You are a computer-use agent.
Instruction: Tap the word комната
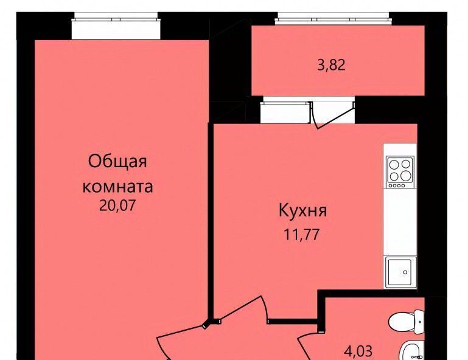(117, 187)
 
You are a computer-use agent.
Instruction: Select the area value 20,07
(117, 206)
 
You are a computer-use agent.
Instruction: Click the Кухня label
(302, 210)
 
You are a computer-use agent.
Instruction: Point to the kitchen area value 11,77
(302, 235)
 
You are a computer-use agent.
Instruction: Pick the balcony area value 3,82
(331, 64)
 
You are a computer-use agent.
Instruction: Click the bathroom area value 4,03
(358, 351)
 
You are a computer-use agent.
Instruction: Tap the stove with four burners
(400, 172)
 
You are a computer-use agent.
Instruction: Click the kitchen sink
(400, 272)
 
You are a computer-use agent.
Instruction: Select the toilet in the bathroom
(406, 322)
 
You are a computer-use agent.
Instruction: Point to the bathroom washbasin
(413, 351)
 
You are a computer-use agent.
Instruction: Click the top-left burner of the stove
(394, 165)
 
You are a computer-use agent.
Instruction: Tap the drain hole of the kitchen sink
(405, 272)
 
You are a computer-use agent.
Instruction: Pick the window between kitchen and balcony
(285, 112)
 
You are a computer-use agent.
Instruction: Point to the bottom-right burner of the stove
(405, 176)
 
